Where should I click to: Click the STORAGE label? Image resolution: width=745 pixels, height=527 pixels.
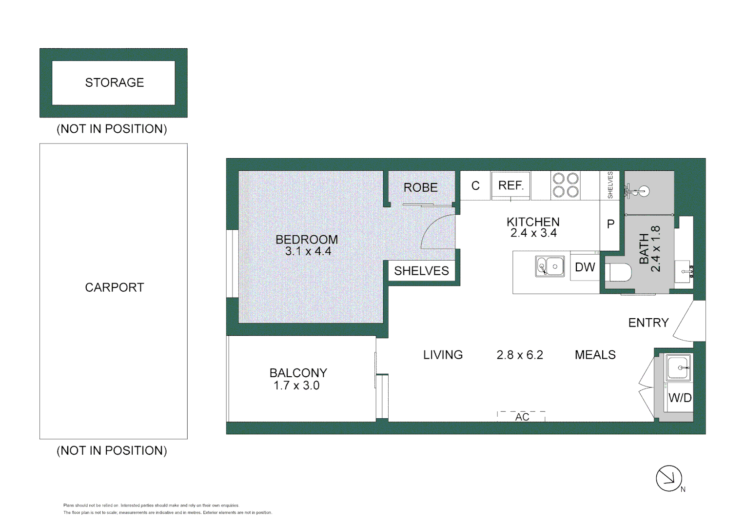pyautogui.click(x=115, y=82)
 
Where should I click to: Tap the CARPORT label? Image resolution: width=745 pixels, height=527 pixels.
pyautogui.click(x=115, y=287)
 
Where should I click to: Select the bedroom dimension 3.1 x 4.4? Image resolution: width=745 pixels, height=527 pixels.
pyautogui.click(x=308, y=251)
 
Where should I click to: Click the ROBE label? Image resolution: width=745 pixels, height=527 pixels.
pyautogui.click(x=421, y=187)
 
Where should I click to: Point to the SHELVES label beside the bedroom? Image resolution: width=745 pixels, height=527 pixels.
pyautogui.click(x=421, y=271)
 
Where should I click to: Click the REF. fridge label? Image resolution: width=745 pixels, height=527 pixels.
pyautogui.click(x=510, y=185)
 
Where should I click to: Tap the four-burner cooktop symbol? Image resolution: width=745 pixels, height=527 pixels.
pyautogui.click(x=565, y=185)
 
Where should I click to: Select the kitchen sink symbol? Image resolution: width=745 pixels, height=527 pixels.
pyautogui.click(x=550, y=266)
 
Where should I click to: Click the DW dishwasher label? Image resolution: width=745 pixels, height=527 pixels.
pyautogui.click(x=585, y=267)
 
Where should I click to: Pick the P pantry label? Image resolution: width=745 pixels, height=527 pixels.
pyautogui.click(x=610, y=224)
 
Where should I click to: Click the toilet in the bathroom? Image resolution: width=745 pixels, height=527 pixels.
pyautogui.click(x=618, y=273)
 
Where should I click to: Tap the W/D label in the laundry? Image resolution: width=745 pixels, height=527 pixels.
pyautogui.click(x=680, y=398)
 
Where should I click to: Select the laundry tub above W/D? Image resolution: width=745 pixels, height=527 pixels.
pyautogui.click(x=678, y=367)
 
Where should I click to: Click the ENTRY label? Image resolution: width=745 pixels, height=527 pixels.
pyautogui.click(x=648, y=323)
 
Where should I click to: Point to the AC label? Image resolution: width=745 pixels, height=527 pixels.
pyautogui.click(x=522, y=417)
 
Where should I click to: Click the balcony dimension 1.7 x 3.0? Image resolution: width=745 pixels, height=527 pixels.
pyautogui.click(x=296, y=385)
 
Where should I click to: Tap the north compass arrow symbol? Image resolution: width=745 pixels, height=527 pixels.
pyautogui.click(x=668, y=478)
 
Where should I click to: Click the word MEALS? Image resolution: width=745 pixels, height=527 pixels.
pyautogui.click(x=595, y=355)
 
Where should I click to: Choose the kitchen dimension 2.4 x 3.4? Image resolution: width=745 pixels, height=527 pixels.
pyautogui.click(x=533, y=233)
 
